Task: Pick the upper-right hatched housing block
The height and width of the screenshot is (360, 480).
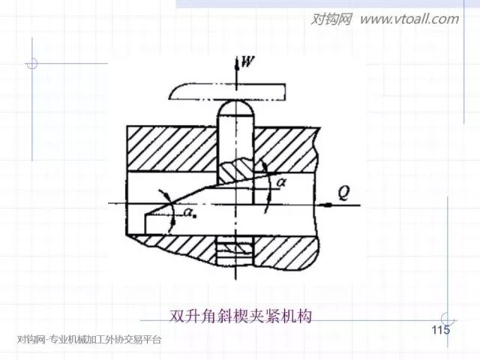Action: [289, 147]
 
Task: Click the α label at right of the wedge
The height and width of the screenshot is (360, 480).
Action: [280, 181]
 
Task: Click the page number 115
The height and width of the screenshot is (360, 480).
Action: [440, 331]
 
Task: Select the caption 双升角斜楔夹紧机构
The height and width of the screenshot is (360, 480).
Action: [240, 315]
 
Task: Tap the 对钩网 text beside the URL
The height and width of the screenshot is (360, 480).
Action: [331, 19]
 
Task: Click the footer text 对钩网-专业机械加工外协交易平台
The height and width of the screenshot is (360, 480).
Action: [88, 340]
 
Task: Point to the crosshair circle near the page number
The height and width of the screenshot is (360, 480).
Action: [448, 319]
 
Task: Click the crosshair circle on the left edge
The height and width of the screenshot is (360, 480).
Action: [31, 63]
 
